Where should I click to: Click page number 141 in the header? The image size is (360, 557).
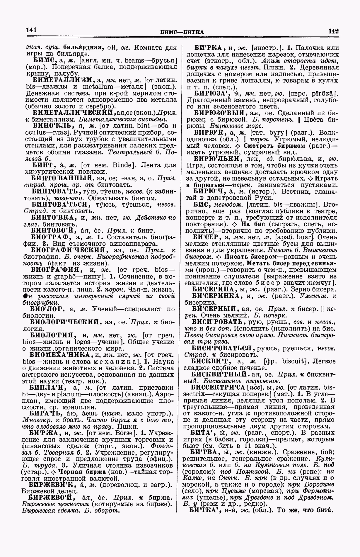pyautogui.click(x=31, y=30)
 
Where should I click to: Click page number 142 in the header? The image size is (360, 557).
pyautogui.click(x=333, y=31)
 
